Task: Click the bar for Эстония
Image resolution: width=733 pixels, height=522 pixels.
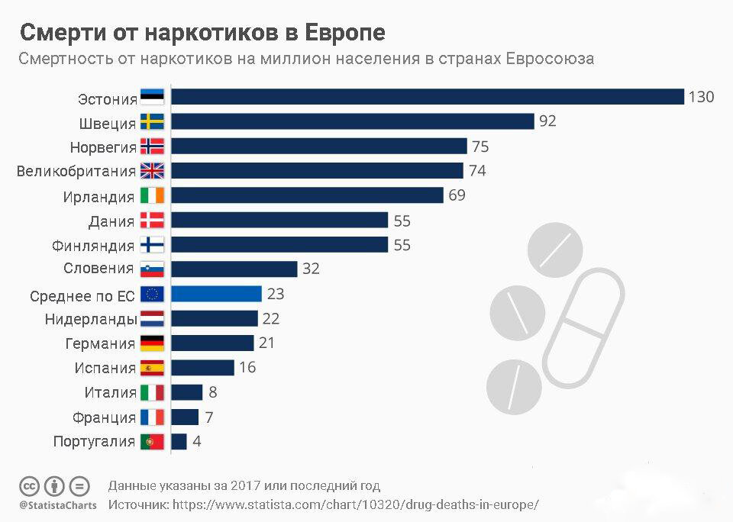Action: coord(427,97)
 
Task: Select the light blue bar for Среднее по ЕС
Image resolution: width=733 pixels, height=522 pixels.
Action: coord(216,294)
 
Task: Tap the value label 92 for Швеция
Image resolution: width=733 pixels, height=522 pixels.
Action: coord(547,121)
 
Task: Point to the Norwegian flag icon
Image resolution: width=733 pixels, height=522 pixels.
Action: coord(152,147)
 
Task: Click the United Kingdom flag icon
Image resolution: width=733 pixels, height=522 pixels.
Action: coord(152,171)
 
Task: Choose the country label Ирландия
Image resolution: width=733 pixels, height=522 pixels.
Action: coord(98,196)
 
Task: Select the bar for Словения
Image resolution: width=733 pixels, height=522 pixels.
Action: coord(234,269)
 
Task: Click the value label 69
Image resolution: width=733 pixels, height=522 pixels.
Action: coord(457,195)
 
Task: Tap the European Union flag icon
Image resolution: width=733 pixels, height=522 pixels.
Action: coord(152,295)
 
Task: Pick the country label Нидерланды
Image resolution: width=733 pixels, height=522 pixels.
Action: coord(90,319)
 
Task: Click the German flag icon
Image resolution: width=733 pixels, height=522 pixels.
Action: coord(152,343)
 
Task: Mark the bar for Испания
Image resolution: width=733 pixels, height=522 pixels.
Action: coord(202,368)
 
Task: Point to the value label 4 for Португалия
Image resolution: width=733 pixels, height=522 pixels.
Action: coord(196,441)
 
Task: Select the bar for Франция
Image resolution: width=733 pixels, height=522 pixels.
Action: coord(185,417)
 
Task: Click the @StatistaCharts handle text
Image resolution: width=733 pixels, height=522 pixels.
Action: coord(58,505)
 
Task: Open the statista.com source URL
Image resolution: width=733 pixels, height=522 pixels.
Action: coord(356,504)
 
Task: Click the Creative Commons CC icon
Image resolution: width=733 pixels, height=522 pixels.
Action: coord(30,486)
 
